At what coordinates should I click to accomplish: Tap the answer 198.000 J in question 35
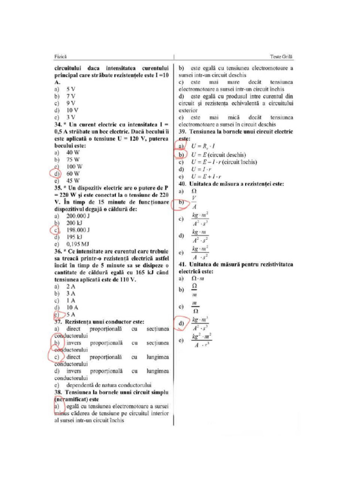pyautogui.click(x=78, y=230)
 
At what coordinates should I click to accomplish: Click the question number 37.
pyautogui.click(x=58, y=322)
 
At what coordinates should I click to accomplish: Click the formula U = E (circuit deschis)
pyautogui.click(x=218, y=155)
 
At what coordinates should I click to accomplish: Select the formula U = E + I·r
pyautogui.click(x=206, y=176)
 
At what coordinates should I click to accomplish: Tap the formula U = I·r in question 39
pyautogui.click(x=202, y=169)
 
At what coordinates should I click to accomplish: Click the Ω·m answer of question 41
pyautogui.click(x=198, y=279)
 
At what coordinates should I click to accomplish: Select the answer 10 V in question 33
pyautogui.click(x=72, y=110)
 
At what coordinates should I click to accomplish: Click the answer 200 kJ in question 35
pyautogui.click(x=74, y=223)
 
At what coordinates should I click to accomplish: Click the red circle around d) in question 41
pyautogui.click(x=183, y=323)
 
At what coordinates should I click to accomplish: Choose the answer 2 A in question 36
pyautogui.click(x=71, y=286)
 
